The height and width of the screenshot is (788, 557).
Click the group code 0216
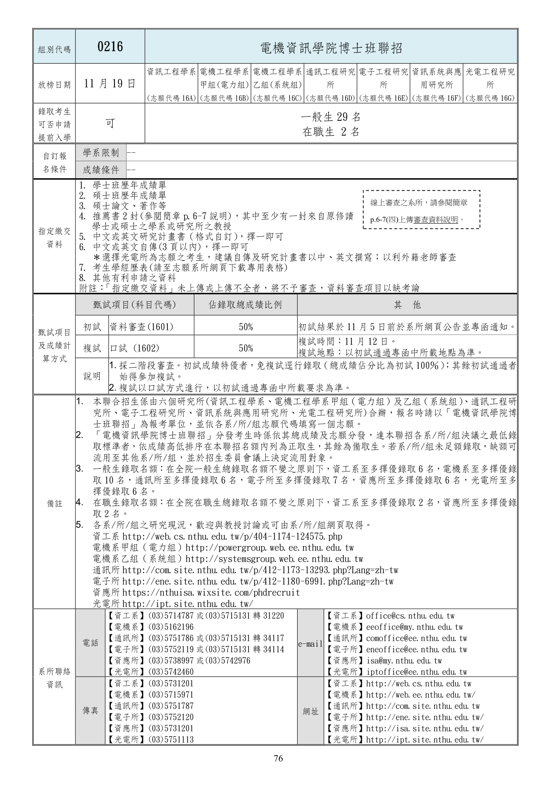[110, 47]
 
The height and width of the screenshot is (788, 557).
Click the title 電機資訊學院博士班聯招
[331, 48]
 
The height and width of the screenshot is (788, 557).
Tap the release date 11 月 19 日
[110, 84]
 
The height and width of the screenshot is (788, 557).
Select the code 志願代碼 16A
[172, 98]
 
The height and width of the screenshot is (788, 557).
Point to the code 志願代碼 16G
[490, 98]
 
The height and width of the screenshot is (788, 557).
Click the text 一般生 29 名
[331, 117]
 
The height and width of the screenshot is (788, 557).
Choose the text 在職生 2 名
[331, 132]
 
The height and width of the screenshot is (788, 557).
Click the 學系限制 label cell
[101, 153]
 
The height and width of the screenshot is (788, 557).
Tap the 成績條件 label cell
[101, 170]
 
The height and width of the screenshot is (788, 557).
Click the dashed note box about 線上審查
[421, 210]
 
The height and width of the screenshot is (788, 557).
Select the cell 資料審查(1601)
[141, 327]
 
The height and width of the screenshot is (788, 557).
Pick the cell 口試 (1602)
[135, 348]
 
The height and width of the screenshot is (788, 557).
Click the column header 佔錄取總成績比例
[246, 305]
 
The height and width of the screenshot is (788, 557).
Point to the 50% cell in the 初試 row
[246, 327]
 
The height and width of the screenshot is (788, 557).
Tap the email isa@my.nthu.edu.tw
[404, 661]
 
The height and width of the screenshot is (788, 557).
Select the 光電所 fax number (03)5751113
[171, 740]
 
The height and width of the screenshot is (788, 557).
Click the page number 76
[278, 759]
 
